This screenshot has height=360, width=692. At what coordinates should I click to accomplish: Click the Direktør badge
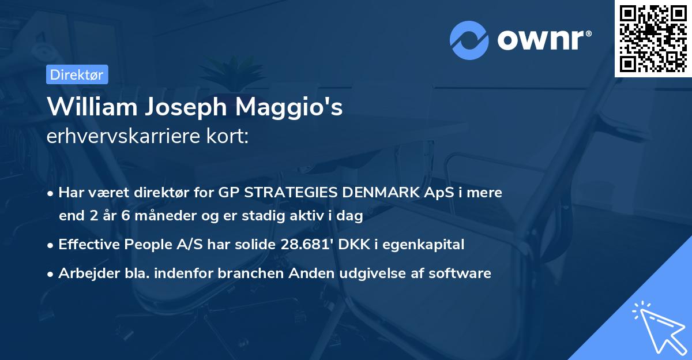[x=77, y=74]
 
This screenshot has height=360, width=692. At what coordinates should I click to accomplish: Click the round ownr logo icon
[x=469, y=40]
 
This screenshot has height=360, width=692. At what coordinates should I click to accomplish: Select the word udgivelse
[x=372, y=273]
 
